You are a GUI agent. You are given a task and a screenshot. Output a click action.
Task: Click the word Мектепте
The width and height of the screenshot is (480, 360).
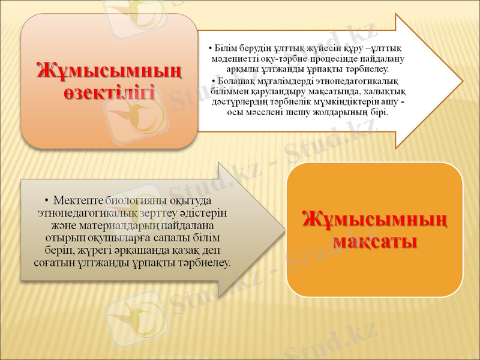pyautogui.click(x=78, y=199)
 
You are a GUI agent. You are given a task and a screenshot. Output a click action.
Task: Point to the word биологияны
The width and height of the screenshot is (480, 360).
pyautogui.click(x=135, y=199)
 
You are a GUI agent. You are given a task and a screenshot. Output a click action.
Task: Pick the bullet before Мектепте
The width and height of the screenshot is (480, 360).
pyautogui.click(x=46, y=200)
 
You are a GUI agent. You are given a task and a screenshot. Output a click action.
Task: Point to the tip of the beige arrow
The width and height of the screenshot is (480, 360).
pyautogui.click(x=284, y=230)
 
